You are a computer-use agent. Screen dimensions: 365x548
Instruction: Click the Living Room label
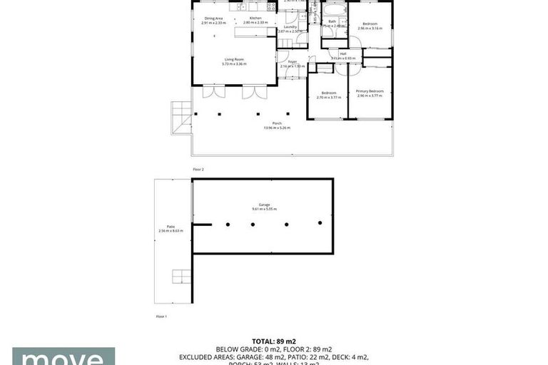(235, 61)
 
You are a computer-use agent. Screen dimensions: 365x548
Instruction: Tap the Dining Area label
(214, 20)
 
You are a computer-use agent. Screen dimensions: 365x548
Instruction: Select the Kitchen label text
(255, 20)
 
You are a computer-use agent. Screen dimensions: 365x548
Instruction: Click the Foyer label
(292, 63)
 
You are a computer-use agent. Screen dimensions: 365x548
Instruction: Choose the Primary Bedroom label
(370, 93)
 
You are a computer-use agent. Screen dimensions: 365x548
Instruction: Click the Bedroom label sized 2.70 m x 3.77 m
(328, 94)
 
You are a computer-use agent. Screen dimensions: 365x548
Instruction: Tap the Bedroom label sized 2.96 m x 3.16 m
(370, 26)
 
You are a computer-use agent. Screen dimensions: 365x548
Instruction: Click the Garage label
(263, 207)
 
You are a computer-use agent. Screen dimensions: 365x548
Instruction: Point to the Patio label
(171, 228)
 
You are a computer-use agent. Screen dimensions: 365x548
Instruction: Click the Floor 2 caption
(198, 170)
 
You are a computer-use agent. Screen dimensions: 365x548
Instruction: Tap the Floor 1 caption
(161, 316)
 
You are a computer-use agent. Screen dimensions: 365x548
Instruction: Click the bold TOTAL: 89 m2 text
(274, 341)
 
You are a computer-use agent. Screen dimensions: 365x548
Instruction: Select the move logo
(63, 356)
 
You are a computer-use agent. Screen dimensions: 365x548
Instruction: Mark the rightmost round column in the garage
(320, 223)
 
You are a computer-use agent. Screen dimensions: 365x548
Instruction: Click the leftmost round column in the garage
(228, 225)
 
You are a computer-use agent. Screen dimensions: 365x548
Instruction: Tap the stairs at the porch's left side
(181, 115)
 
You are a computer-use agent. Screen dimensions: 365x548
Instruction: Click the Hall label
(343, 56)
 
